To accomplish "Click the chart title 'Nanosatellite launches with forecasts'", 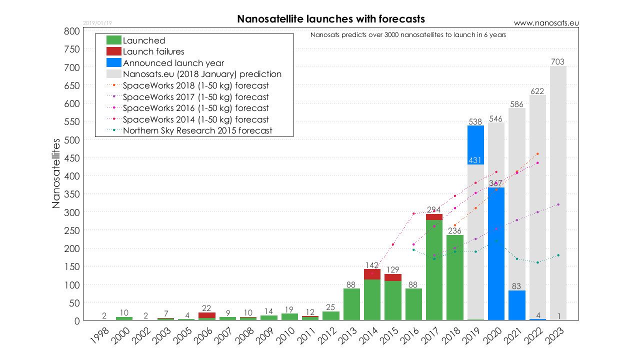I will [x=331, y=19].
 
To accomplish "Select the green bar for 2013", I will [x=352, y=304].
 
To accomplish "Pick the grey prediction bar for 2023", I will [x=558, y=190].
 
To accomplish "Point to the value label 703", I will [x=558, y=62].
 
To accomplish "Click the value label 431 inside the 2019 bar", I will [x=475, y=160].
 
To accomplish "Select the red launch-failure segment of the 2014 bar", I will [x=372, y=274].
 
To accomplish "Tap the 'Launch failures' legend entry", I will [x=153, y=51].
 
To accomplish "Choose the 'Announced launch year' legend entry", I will [x=173, y=63].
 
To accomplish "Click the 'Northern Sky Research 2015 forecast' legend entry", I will [x=197, y=130].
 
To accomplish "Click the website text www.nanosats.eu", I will [x=546, y=23].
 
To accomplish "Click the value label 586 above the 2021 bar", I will [x=516, y=104].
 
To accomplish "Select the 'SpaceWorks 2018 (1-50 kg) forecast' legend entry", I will [x=195, y=85].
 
